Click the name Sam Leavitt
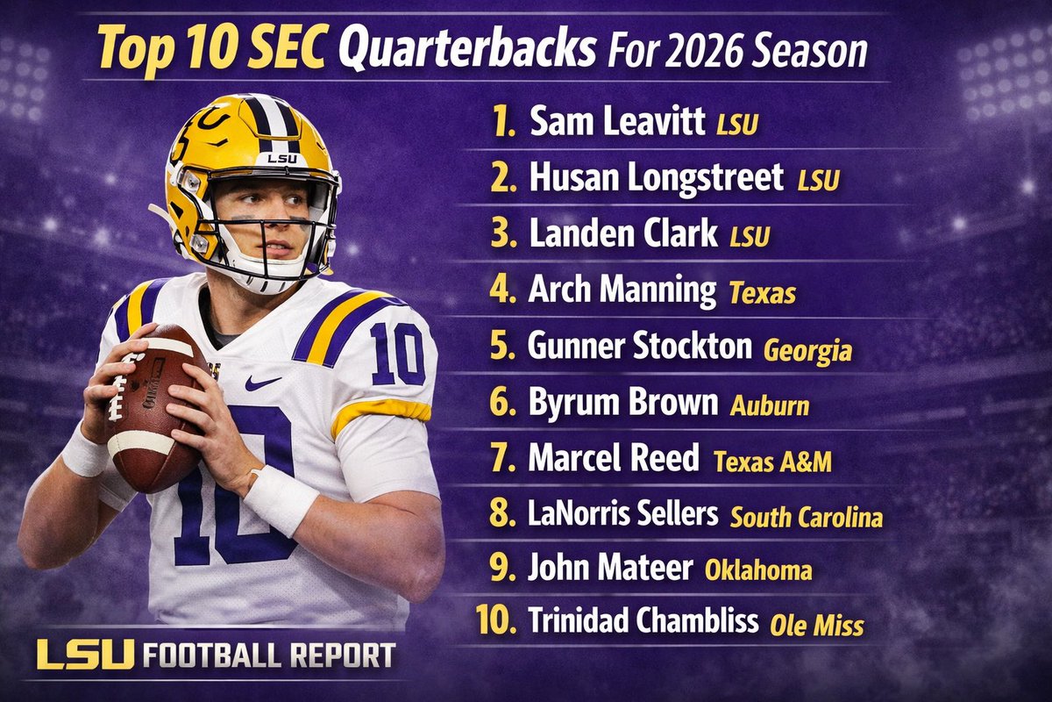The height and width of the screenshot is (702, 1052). (617, 124)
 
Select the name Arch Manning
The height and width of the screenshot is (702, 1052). (622, 290)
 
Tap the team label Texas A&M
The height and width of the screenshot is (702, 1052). (772, 462)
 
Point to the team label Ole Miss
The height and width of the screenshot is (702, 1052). (816, 626)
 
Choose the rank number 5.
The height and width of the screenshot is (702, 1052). (503, 347)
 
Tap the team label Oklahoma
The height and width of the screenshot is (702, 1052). (758, 570)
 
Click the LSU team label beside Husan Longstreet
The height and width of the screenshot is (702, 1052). (819, 182)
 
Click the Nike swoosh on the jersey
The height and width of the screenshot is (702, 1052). (262, 383)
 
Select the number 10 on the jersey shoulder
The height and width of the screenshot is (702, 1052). (397, 353)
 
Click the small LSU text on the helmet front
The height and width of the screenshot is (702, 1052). (282, 158)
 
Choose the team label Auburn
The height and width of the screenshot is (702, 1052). (769, 405)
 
